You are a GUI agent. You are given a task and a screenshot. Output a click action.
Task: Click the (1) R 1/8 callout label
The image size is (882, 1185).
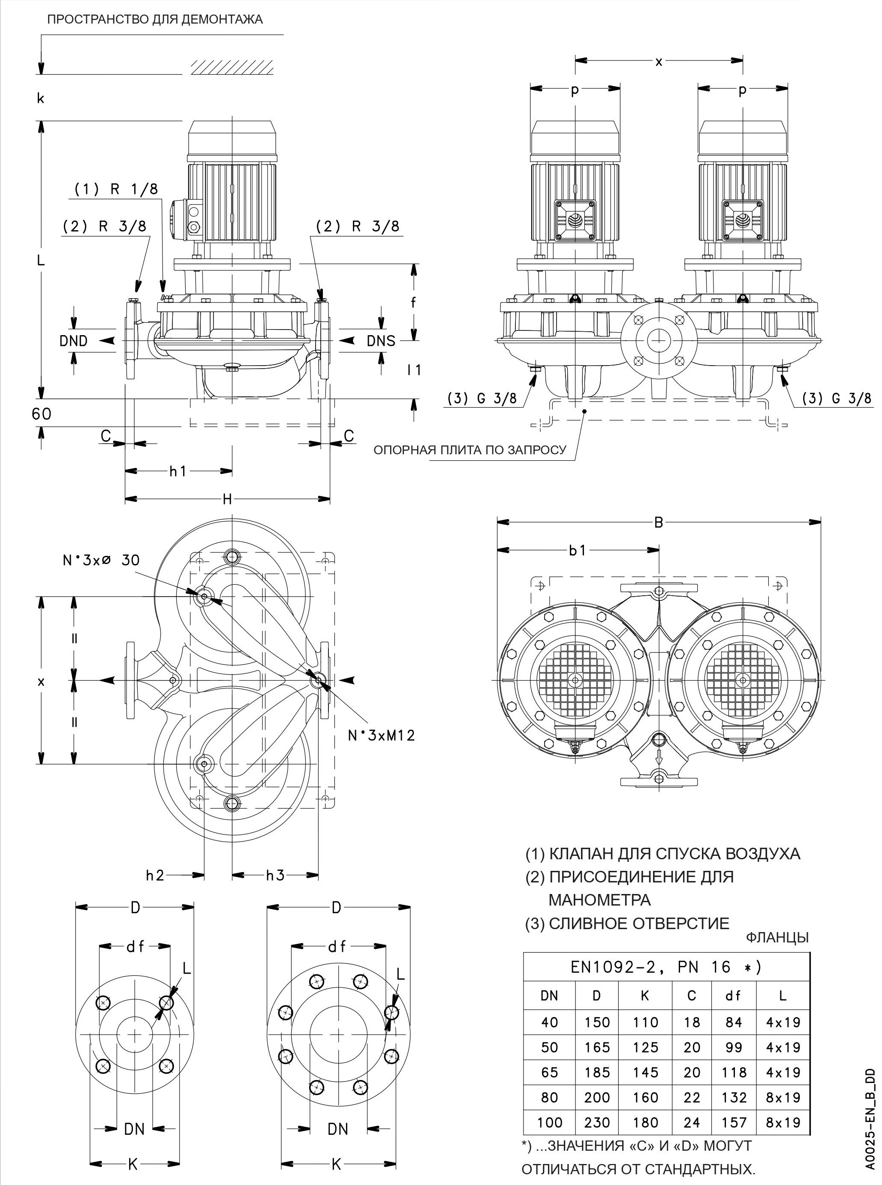click(116, 189)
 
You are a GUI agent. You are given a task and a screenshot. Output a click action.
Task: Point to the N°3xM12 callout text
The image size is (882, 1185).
click(381, 735)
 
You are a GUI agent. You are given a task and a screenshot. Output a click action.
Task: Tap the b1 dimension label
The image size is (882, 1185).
click(578, 550)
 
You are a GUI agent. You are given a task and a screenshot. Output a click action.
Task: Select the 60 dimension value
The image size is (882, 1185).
click(42, 414)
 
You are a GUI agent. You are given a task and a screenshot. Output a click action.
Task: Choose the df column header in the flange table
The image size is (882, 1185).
click(734, 996)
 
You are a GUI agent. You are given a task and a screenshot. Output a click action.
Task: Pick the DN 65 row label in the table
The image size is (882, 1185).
click(549, 1072)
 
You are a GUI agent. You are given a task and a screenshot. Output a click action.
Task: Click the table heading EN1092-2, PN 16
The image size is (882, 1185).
click(666, 968)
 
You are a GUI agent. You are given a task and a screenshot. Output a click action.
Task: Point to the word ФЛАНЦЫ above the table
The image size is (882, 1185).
click(777, 937)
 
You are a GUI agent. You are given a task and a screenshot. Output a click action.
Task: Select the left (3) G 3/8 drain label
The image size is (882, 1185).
click(482, 399)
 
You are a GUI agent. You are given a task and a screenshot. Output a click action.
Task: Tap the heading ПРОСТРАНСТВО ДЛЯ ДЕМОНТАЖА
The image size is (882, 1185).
click(155, 20)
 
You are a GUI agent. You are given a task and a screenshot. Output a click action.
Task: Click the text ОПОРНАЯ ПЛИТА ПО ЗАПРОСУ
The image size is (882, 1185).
click(470, 450)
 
